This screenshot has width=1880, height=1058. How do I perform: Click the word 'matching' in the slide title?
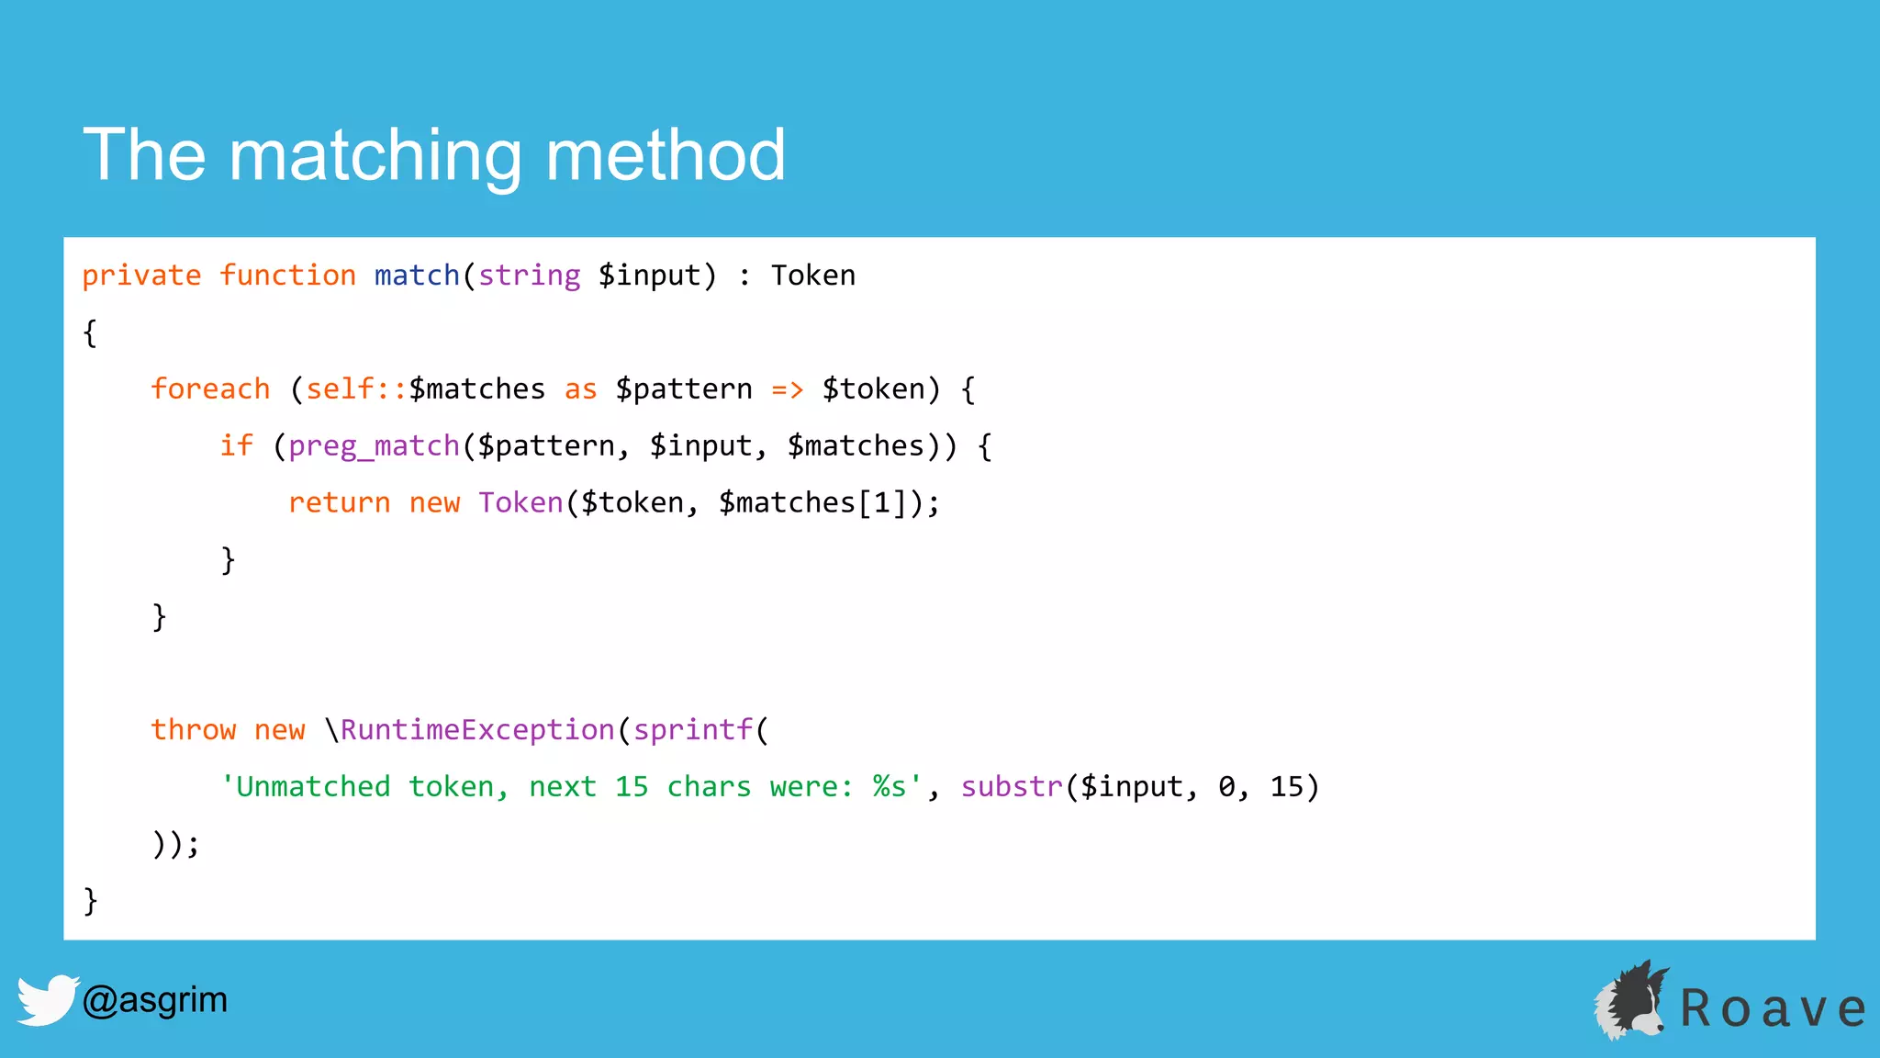click(x=375, y=156)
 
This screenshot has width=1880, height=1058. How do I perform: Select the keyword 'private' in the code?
click(x=141, y=276)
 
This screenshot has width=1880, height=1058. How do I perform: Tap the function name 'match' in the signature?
click(x=417, y=276)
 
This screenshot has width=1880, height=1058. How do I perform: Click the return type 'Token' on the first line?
click(x=813, y=276)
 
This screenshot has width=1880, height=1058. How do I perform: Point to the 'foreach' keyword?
click(x=210, y=389)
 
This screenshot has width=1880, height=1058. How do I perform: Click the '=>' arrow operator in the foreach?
click(x=788, y=389)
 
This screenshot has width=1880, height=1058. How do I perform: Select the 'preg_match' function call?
click(x=374, y=446)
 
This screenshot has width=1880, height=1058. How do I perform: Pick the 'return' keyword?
click(x=340, y=503)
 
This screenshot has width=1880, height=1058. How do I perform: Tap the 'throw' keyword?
click(x=194, y=730)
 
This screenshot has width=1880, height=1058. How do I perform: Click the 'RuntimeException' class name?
click(x=477, y=730)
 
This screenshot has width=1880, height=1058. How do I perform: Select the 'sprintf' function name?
click(x=693, y=730)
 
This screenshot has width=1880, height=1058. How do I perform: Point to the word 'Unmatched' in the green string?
click(x=313, y=787)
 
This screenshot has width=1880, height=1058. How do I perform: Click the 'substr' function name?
click(x=1012, y=787)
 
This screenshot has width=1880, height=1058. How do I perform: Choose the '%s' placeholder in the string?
click(x=889, y=787)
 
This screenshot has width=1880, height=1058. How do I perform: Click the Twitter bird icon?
click(x=47, y=999)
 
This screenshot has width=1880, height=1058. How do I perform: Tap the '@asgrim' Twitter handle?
click(x=154, y=999)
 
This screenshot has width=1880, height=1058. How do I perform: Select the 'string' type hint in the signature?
click(x=529, y=276)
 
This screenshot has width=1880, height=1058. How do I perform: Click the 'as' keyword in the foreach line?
click(x=580, y=389)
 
